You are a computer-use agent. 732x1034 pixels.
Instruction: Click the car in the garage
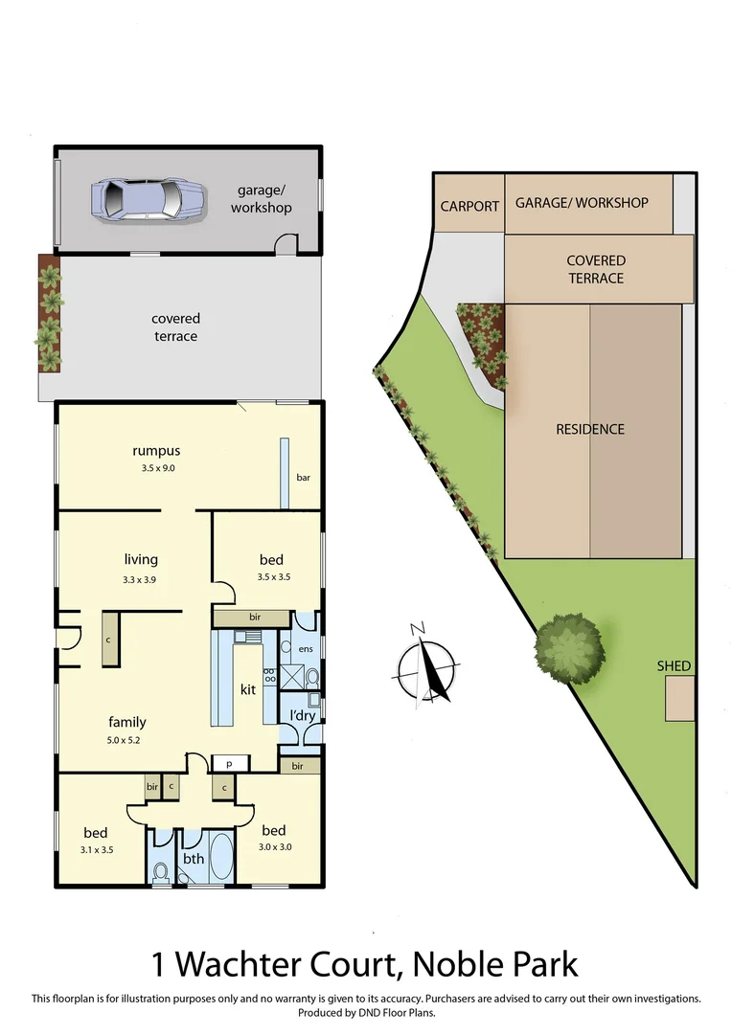pyautogui.click(x=149, y=199)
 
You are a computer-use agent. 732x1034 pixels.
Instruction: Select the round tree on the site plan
pyautogui.click(x=570, y=649)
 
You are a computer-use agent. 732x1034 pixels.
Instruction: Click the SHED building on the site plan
pyautogui.click(x=680, y=698)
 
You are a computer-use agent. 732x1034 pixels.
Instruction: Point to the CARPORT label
pyautogui.click(x=469, y=206)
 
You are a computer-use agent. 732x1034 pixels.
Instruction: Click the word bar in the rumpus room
pyautogui.click(x=303, y=477)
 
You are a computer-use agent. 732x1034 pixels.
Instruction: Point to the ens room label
pyautogui.click(x=306, y=649)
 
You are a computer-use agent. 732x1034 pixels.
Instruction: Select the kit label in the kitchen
pyautogui.click(x=247, y=688)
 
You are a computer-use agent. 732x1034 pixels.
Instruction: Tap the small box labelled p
pyautogui.click(x=230, y=763)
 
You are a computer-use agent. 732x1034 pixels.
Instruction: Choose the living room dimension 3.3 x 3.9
pyautogui.click(x=141, y=579)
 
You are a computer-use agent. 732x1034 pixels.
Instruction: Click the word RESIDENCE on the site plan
pyautogui.click(x=590, y=430)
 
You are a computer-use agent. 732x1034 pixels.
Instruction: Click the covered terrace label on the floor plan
pyautogui.click(x=175, y=327)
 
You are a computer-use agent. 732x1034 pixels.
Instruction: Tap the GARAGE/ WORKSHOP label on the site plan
pyautogui.click(x=582, y=203)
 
